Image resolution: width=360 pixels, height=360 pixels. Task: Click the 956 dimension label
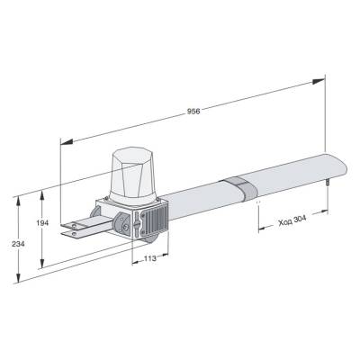193,111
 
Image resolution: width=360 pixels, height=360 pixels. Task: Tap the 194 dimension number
42,223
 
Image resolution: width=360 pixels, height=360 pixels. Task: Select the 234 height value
18,244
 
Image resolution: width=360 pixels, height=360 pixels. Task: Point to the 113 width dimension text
150,258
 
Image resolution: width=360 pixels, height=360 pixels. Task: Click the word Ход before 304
283,222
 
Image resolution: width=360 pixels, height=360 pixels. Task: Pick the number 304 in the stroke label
300,219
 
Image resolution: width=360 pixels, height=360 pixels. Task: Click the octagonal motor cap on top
132,175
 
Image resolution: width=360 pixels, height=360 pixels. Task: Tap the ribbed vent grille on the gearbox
156,220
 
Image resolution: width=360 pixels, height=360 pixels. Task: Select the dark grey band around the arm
240,188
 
